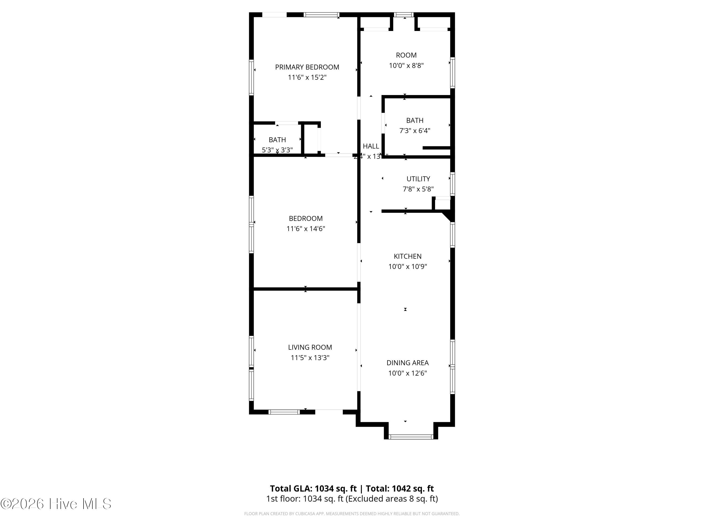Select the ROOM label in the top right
coord(406,55)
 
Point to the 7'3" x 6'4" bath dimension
coord(415,130)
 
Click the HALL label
coord(371,146)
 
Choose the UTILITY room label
coord(418,179)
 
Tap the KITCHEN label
coord(407,256)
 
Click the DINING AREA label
coord(407,363)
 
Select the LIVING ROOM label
coord(310,347)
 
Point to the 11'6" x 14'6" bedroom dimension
coord(306,229)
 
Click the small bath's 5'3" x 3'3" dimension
coord(277,150)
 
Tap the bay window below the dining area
coord(411,437)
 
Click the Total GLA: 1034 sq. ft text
coord(313,489)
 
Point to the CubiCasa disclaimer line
coord(352,514)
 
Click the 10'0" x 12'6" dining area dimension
coord(407,373)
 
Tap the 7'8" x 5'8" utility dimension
coord(418,189)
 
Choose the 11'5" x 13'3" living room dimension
coord(310,357)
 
